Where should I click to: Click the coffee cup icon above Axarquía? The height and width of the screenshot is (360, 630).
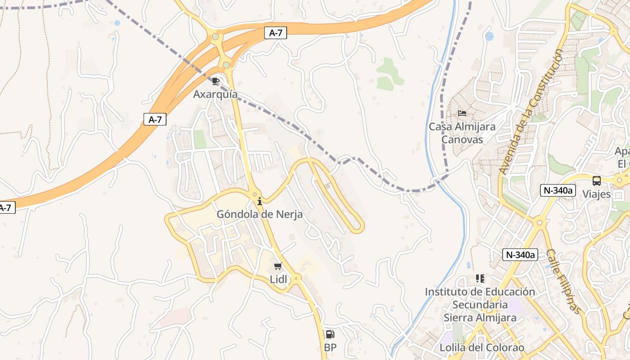point(216,81)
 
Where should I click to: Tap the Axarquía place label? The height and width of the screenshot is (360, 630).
point(216,94)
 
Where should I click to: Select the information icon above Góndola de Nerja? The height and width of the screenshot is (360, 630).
point(259,201)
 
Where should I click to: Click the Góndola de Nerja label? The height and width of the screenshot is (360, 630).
point(260,214)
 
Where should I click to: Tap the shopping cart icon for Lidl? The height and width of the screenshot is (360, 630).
point(278,266)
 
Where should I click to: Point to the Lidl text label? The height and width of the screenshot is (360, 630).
point(278,279)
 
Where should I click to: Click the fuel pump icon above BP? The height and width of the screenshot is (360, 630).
point(330,334)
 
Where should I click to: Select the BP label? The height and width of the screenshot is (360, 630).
point(330,347)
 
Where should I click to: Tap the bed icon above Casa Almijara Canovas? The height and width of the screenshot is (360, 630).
point(462,113)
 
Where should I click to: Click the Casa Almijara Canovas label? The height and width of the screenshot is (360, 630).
point(462,133)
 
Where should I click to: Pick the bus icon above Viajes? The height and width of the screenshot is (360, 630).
point(597,181)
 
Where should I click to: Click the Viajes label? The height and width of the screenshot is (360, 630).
point(597,194)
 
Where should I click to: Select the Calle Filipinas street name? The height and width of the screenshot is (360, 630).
point(564,281)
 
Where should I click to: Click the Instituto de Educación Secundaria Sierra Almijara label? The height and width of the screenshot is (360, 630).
point(480,305)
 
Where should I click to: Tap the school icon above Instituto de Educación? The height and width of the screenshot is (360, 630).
point(480,279)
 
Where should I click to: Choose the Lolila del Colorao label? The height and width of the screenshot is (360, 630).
point(481,347)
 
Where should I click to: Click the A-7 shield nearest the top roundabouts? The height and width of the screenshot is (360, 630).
point(275,32)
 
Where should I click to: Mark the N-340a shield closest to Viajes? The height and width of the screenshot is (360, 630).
point(558,190)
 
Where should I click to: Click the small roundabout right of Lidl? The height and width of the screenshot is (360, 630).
point(296,279)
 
